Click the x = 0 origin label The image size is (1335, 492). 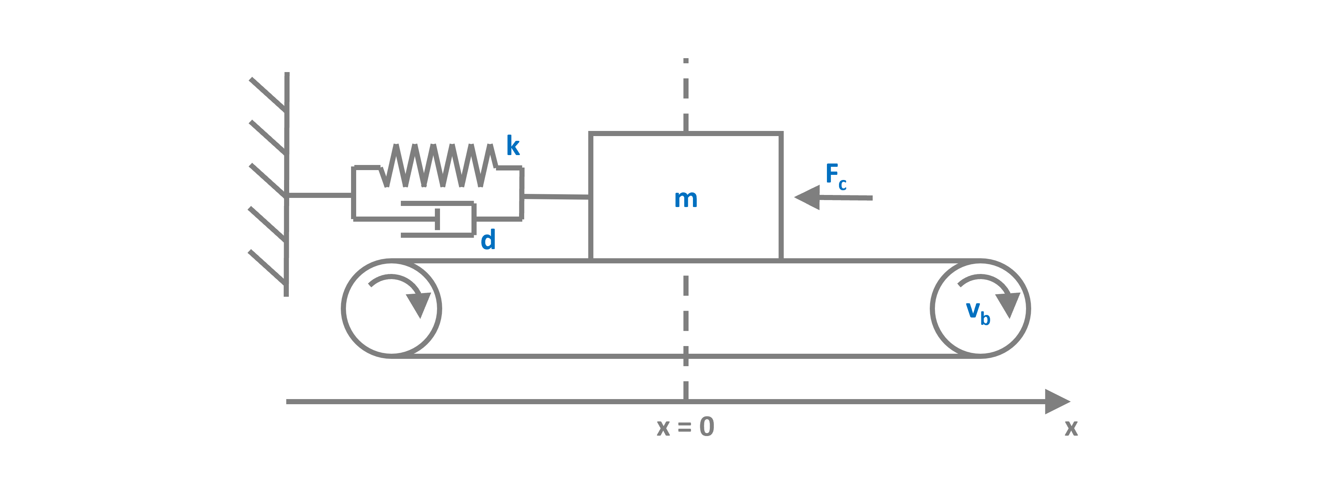(685, 427)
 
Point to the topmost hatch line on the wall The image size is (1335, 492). (267, 94)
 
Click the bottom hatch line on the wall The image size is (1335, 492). (267, 267)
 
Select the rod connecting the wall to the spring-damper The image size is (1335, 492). (319, 195)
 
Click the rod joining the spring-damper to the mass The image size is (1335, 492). (556, 197)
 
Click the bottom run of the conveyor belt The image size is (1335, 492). (570, 356)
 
